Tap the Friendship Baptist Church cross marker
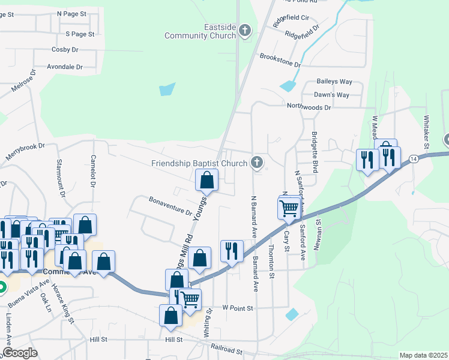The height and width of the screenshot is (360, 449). [x=257, y=163]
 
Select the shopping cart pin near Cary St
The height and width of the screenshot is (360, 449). [x=289, y=208]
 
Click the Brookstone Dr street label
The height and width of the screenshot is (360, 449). [x=280, y=59]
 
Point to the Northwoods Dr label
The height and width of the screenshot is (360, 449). [x=309, y=107]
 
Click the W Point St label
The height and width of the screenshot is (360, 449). [x=238, y=308]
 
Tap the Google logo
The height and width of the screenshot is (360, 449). [x=20, y=353]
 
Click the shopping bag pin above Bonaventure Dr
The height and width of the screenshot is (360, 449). [x=206, y=179]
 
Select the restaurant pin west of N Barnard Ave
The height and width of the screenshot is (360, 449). [x=231, y=251]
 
